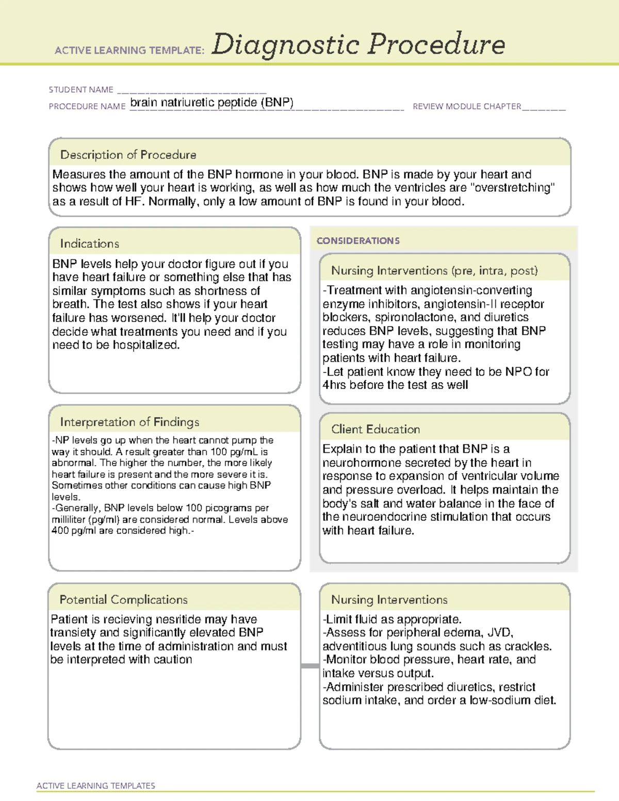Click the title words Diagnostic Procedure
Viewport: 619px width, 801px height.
click(358, 44)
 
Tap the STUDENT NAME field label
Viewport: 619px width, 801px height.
click(81, 90)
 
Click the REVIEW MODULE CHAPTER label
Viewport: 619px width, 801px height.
click(467, 106)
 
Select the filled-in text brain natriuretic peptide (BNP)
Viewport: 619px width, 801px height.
click(211, 102)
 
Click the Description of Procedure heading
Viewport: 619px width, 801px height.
click(128, 155)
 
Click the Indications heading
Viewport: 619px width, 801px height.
click(89, 243)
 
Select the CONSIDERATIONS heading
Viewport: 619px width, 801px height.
click(358, 241)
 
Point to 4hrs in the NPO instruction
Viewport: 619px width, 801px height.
click(334, 385)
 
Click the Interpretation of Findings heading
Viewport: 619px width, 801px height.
click(129, 422)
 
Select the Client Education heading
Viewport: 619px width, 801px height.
click(376, 429)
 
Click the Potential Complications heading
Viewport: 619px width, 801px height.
click(123, 599)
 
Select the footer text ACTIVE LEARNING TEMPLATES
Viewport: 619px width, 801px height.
click(96, 786)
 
